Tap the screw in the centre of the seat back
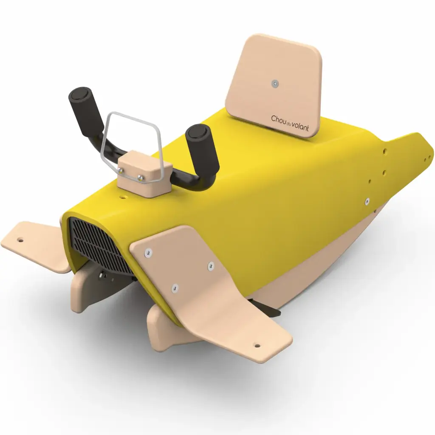[x=275, y=83]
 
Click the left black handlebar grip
[x=85, y=112]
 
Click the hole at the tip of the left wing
[x=20, y=238]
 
